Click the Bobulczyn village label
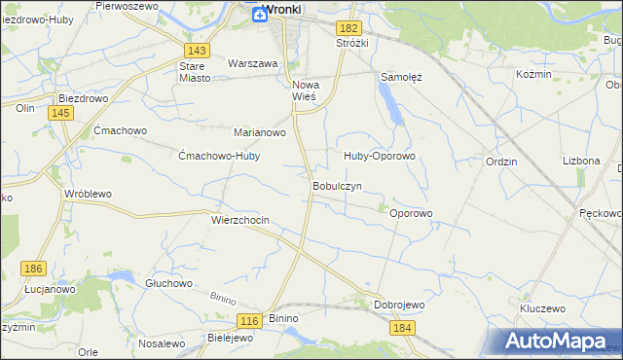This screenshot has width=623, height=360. (337, 185)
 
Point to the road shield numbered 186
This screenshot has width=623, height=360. (34, 269)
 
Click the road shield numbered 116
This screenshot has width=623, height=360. (250, 321)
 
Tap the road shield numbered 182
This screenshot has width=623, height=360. (350, 29)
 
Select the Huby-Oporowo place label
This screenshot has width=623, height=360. (380, 156)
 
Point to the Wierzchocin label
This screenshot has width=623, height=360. (239, 221)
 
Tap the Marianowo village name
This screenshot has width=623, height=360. (259, 132)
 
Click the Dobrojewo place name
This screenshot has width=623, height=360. (400, 305)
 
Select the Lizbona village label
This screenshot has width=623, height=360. (581, 161)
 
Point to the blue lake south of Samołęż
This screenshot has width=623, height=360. (391, 102)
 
